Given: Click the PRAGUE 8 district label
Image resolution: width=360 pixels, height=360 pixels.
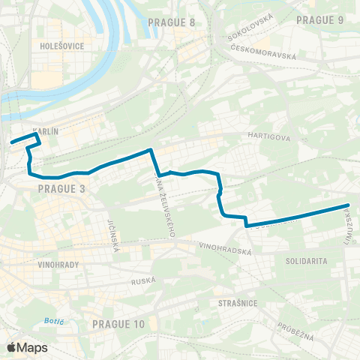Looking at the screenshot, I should (x=172, y=22).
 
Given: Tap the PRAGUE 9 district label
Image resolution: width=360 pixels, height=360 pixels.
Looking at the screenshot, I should (x=320, y=19).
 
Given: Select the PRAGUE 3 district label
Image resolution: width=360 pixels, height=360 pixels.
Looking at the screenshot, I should (x=61, y=189).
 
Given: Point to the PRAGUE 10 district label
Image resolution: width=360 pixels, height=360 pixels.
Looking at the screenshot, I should (x=118, y=323).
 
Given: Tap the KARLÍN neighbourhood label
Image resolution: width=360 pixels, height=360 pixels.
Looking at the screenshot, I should (x=46, y=130).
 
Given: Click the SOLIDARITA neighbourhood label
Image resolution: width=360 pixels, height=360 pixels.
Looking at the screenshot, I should (x=305, y=260).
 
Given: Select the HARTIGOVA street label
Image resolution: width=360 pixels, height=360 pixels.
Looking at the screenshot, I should (x=262, y=137).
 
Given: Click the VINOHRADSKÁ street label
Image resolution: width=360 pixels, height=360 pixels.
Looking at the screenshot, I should (x=225, y=248).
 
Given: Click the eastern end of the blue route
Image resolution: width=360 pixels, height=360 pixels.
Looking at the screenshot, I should (x=349, y=205).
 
